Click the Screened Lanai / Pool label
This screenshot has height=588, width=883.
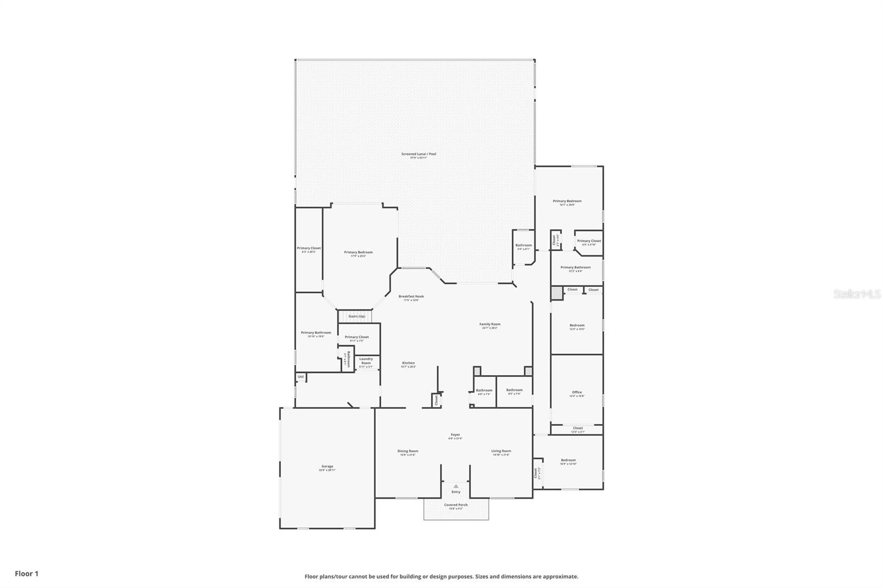click(418, 154)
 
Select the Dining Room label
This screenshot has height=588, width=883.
click(408, 451)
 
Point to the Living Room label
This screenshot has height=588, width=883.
click(501, 451)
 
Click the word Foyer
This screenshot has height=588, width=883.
click(455, 435)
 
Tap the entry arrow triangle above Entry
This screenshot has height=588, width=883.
click(456, 486)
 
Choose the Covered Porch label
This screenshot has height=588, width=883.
click(456, 505)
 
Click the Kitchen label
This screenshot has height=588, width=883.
click(408, 363)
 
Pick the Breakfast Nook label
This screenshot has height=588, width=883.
click(411, 297)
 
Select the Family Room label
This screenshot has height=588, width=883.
click(490, 324)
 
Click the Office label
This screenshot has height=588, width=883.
click(577, 392)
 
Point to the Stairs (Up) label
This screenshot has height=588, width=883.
click(357, 317)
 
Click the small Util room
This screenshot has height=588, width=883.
click(301, 377)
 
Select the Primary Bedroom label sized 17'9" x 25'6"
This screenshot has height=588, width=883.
click(358, 253)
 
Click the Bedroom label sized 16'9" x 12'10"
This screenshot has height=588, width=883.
click(568, 460)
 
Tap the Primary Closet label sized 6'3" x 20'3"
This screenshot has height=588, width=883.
click(308, 248)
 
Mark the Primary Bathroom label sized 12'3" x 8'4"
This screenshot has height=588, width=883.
click(575, 268)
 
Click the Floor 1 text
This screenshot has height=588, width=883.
click(26, 574)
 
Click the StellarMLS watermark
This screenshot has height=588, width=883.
click(857, 295)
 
